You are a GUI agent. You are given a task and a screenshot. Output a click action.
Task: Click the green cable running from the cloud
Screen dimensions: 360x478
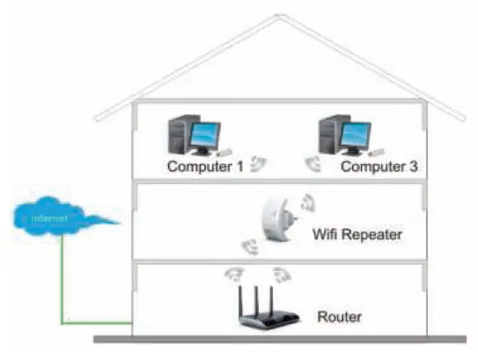coord(62,282)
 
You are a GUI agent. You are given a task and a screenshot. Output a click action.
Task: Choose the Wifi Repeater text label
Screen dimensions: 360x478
coord(357,235)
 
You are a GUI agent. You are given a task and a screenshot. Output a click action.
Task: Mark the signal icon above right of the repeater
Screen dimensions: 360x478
coord(307,202)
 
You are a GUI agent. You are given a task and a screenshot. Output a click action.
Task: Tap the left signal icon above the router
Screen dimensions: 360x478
coord(233,273)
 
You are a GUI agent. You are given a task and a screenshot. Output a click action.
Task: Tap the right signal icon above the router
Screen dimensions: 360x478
coord(281,273)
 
